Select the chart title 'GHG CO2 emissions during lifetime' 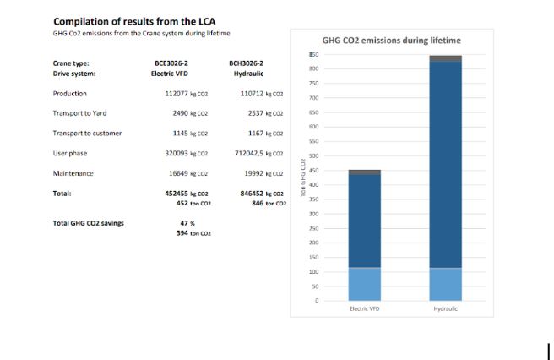click(x=392, y=40)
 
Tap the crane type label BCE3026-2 click(x=161, y=63)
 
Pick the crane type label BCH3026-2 click(x=246, y=63)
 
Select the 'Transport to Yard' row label click(x=79, y=112)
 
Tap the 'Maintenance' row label click(x=73, y=173)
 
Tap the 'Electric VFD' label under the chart click(x=365, y=308)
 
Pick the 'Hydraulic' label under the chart click(x=445, y=308)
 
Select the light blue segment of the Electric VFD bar click(x=365, y=284)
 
